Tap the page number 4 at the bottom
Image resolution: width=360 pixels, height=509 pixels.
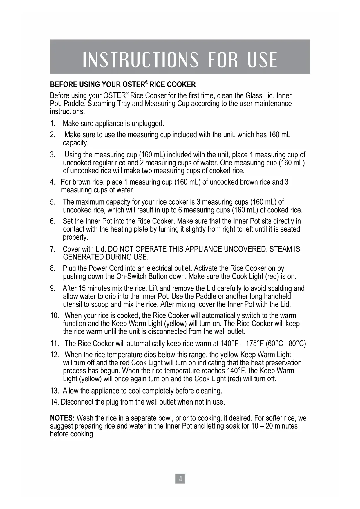180,479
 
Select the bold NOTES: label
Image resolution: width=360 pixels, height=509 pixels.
63,418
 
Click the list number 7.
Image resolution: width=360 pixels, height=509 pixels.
53,249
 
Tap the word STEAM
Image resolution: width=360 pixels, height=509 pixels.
281,249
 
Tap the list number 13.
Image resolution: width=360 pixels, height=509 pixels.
54,391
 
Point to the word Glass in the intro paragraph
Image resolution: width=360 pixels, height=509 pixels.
254,96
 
